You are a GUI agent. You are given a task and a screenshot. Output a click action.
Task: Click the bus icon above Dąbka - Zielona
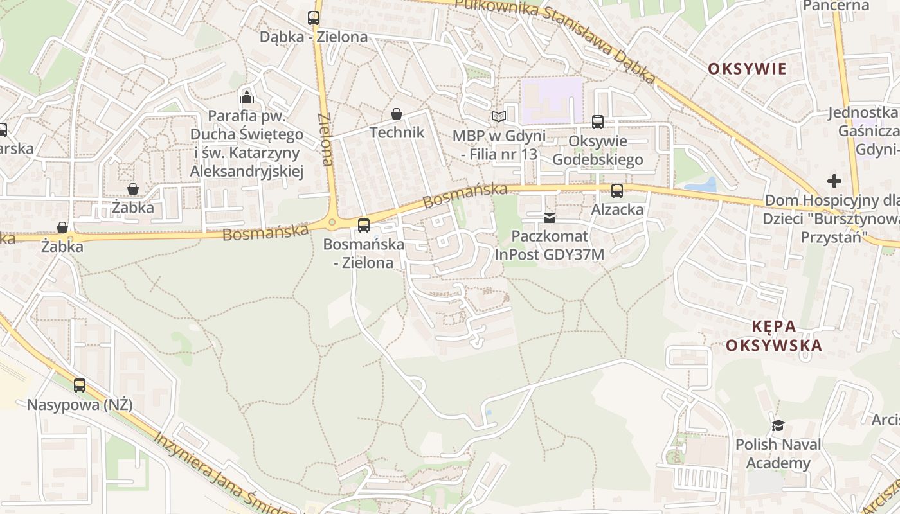[x=314, y=18]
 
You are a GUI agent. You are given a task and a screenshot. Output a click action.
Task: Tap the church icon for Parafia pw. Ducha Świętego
[x=247, y=97]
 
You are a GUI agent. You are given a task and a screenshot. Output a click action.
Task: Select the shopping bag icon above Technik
[x=397, y=114]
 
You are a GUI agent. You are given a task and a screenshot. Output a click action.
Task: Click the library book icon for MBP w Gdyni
[x=499, y=117]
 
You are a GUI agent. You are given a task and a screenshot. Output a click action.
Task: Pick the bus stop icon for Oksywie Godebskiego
[x=598, y=121]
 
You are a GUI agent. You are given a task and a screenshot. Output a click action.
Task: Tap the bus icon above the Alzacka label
[x=617, y=190]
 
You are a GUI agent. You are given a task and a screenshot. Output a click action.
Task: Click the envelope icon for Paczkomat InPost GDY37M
[x=550, y=217]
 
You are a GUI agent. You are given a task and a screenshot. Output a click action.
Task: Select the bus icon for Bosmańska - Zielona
[x=364, y=225]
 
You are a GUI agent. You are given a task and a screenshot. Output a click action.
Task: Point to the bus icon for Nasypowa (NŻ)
[x=80, y=385]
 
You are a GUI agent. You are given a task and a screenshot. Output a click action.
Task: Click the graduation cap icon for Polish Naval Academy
[x=779, y=425]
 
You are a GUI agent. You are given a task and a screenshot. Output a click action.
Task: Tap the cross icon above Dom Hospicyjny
[x=834, y=181]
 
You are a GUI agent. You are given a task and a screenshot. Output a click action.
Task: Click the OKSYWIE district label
[x=747, y=69]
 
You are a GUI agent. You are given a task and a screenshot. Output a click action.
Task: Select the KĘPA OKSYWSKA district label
[x=773, y=335]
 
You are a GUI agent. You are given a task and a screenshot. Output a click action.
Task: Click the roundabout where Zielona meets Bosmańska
[x=332, y=223]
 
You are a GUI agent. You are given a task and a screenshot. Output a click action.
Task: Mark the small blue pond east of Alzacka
[x=701, y=186]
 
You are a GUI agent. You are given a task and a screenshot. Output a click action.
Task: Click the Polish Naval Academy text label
[x=778, y=454]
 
